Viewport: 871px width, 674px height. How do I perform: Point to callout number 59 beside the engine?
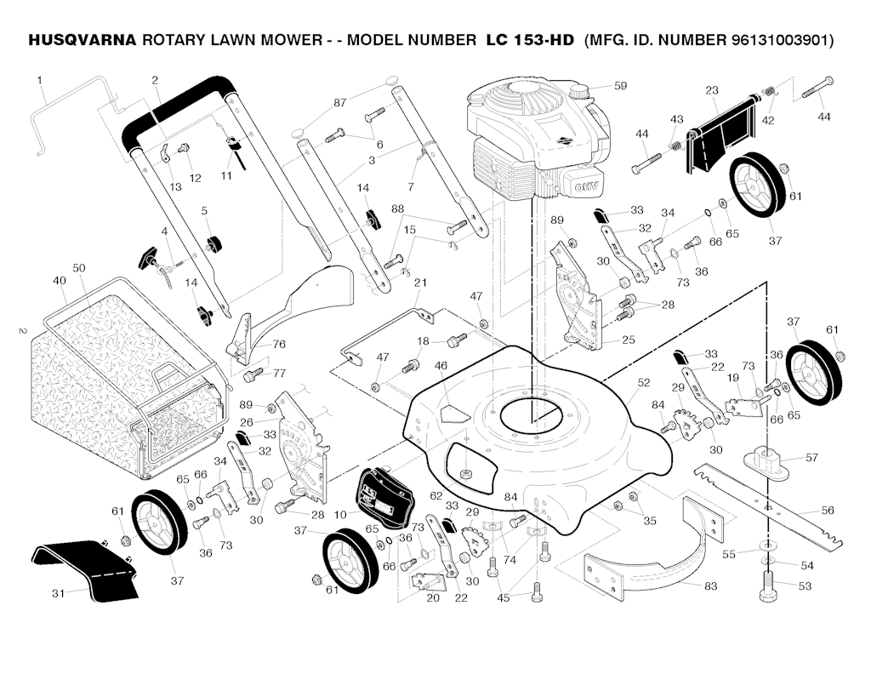point(620,86)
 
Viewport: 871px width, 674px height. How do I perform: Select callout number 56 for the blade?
point(828,511)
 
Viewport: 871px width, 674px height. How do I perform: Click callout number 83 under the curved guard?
point(710,585)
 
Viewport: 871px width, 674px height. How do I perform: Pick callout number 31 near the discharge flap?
point(58,593)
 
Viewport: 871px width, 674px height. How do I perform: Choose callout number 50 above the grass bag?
point(79,268)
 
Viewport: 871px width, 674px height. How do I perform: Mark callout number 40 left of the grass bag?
point(60,281)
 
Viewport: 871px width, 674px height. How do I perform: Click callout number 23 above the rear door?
point(712,90)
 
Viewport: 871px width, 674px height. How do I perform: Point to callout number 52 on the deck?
point(643,383)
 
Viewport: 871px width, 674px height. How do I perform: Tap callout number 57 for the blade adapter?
point(811,458)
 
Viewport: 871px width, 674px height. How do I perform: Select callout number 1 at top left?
point(39,81)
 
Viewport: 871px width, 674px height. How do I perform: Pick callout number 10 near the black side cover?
point(340,515)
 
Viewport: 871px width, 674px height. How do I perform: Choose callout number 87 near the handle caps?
point(340,103)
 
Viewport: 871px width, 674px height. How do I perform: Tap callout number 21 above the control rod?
point(420,283)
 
